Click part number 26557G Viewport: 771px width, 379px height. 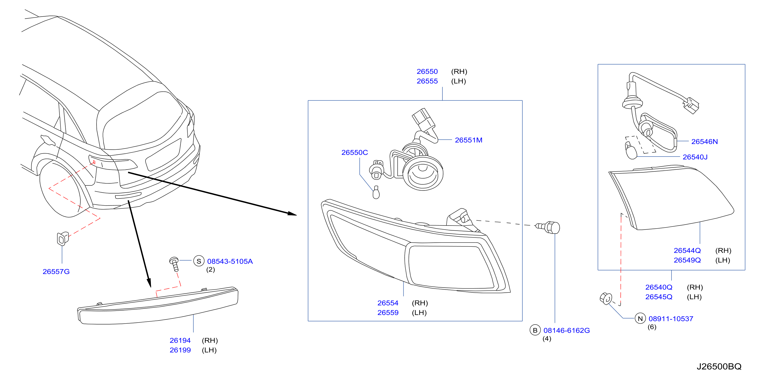pyautogui.click(x=56, y=271)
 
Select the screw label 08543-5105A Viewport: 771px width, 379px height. pyautogui.click(x=230, y=261)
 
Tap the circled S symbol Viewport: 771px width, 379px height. pyautogui.click(x=199, y=261)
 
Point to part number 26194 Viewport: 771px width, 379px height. pyautogui.click(x=180, y=340)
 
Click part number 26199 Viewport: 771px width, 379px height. pyautogui.click(x=180, y=350)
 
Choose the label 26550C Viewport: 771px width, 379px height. pyautogui.click(x=355, y=152)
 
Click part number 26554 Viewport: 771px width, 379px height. pyautogui.click(x=388, y=303)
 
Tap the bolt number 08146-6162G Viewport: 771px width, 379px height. pyautogui.click(x=567, y=330)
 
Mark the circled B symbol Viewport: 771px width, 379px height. pyautogui.click(x=535, y=330)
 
